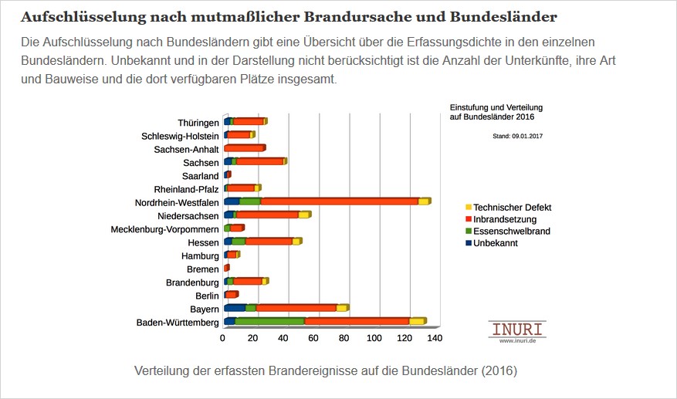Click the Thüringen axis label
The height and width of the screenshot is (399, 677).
click(198, 123)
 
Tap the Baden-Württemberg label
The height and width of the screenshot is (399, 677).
click(177, 323)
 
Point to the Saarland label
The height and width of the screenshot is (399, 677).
click(199, 176)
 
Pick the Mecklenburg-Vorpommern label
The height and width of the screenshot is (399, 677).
click(164, 229)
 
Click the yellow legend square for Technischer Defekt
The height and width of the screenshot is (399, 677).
click(467, 208)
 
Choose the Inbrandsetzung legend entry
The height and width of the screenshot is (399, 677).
click(506, 219)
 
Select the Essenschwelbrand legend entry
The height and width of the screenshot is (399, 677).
click(511, 231)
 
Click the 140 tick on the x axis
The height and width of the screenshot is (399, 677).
click(435, 338)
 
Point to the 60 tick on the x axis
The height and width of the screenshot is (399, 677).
click(313, 338)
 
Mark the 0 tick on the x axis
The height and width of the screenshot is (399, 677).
click(223, 338)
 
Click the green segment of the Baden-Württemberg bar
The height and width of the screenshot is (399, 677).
click(269, 321)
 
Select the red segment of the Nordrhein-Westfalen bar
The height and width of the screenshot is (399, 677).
click(340, 201)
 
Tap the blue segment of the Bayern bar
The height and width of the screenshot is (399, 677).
click(234, 308)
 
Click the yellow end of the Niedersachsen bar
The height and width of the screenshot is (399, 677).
click(304, 215)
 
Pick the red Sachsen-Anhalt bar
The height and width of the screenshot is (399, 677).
click(243, 148)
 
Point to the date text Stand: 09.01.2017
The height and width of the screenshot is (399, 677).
click(517, 135)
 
